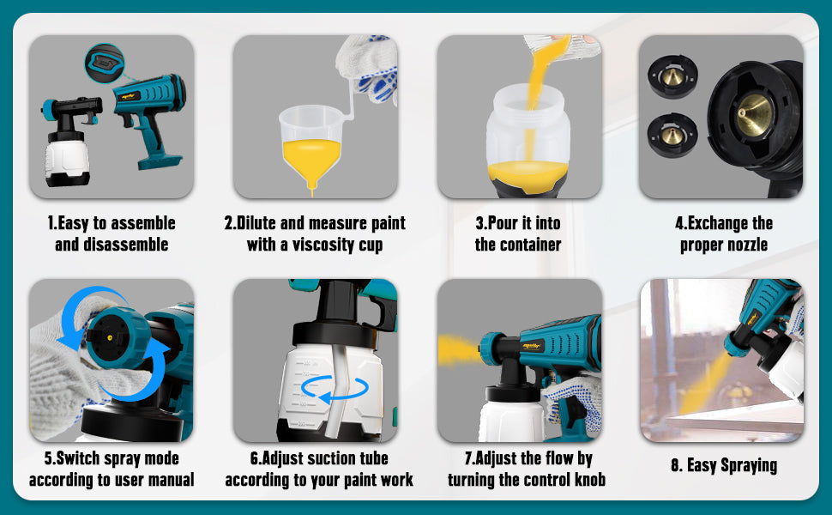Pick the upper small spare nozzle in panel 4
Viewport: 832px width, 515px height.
point(672,76)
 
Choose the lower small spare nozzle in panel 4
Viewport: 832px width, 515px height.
point(672,135)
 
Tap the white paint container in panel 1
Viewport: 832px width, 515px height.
point(67,160)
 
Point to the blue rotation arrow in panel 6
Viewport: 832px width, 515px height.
point(335,388)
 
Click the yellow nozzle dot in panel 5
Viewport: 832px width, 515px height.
point(110,337)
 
